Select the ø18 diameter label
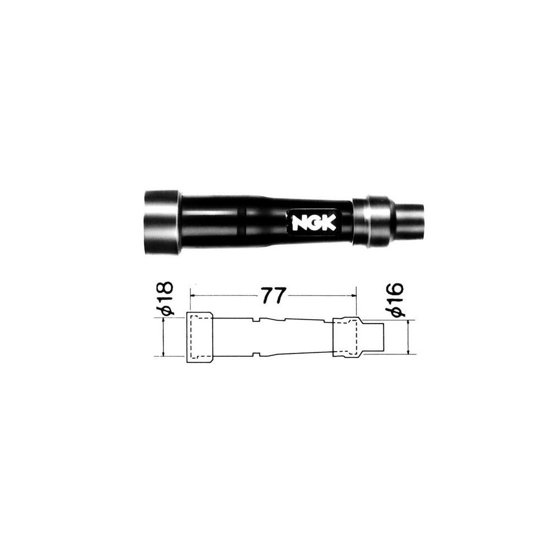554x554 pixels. coord(166,299)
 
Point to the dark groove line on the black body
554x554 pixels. coord(243,221)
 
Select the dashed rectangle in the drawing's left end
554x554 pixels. coord(199,336)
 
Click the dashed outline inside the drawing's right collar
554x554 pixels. coord(346,335)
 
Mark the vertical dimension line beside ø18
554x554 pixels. coord(164,337)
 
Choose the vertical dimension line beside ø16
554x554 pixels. coord(408,337)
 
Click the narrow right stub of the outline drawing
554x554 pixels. coord(375,337)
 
